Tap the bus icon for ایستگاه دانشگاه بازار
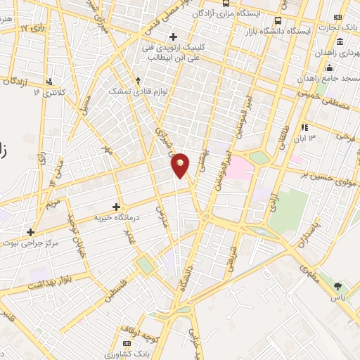tap(278, 20)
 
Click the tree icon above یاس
tap(338, 286)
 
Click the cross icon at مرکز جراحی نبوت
tap(30, 231)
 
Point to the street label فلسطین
tap(113, 289)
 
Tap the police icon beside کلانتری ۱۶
tap(49, 82)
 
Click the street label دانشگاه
tap(185, 270)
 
